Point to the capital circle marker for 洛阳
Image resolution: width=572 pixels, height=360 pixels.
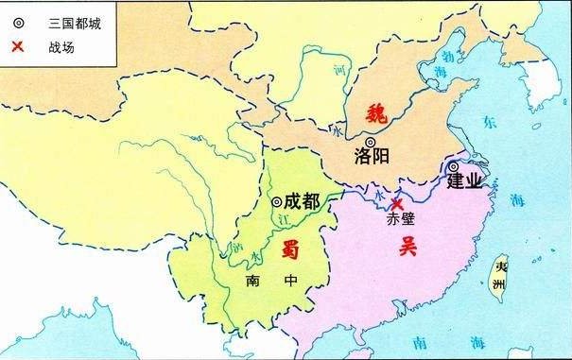pyautogui.click(x=369, y=142)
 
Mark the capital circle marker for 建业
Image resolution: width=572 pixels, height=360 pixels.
pyautogui.click(x=456, y=166)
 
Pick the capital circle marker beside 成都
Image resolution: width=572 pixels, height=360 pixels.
pyautogui.click(x=275, y=201)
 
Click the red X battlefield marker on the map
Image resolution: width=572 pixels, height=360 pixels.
pyautogui.click(x=398, y=203)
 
